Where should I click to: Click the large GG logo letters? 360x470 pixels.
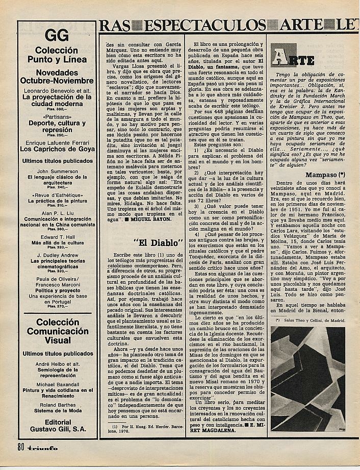pyautogui.click(x=57, y=35)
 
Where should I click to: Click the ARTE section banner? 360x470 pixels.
pyautogui.click(x=293, y=58)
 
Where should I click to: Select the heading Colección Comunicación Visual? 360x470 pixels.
pyautogui.click(x=57, y=332)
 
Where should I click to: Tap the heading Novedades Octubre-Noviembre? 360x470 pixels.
pyautogui.click(x=57, y=77)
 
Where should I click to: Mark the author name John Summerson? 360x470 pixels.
pyautogui.click(x=57, y=171)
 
